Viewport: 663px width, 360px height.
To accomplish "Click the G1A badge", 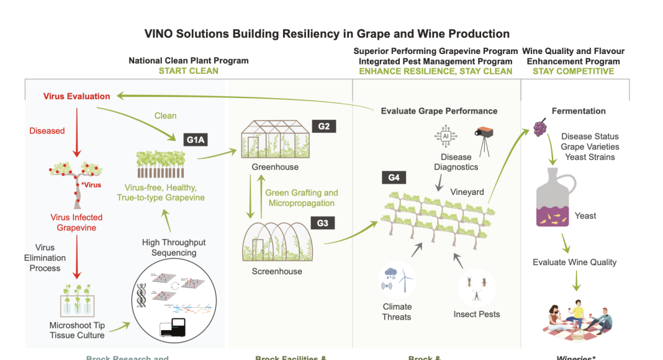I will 196,140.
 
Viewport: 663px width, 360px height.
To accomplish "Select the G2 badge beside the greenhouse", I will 323,127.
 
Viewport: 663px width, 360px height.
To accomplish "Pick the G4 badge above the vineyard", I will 394,178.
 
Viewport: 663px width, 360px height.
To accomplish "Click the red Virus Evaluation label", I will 76,96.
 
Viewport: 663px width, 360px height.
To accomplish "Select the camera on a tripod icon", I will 484,138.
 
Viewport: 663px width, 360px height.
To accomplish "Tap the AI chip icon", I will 444,137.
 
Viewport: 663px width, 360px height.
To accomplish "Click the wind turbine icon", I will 405,280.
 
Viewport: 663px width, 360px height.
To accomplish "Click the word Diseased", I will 47,131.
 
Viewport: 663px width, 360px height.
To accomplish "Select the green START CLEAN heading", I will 188,71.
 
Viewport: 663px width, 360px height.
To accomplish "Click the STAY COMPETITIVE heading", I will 573,71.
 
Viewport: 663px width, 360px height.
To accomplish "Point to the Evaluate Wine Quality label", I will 574,262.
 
